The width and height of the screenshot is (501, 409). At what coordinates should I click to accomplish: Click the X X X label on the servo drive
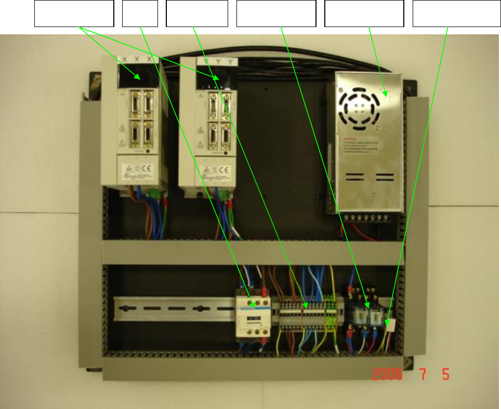click(137, 60)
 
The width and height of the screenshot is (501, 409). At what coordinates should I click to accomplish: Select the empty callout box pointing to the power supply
click(364, 14)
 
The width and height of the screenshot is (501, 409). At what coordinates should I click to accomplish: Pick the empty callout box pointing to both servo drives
click(74, 14)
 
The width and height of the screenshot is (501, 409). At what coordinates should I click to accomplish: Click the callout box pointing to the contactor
click(140, 14)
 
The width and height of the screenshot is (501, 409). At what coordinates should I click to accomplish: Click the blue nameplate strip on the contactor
click(254, 319)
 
